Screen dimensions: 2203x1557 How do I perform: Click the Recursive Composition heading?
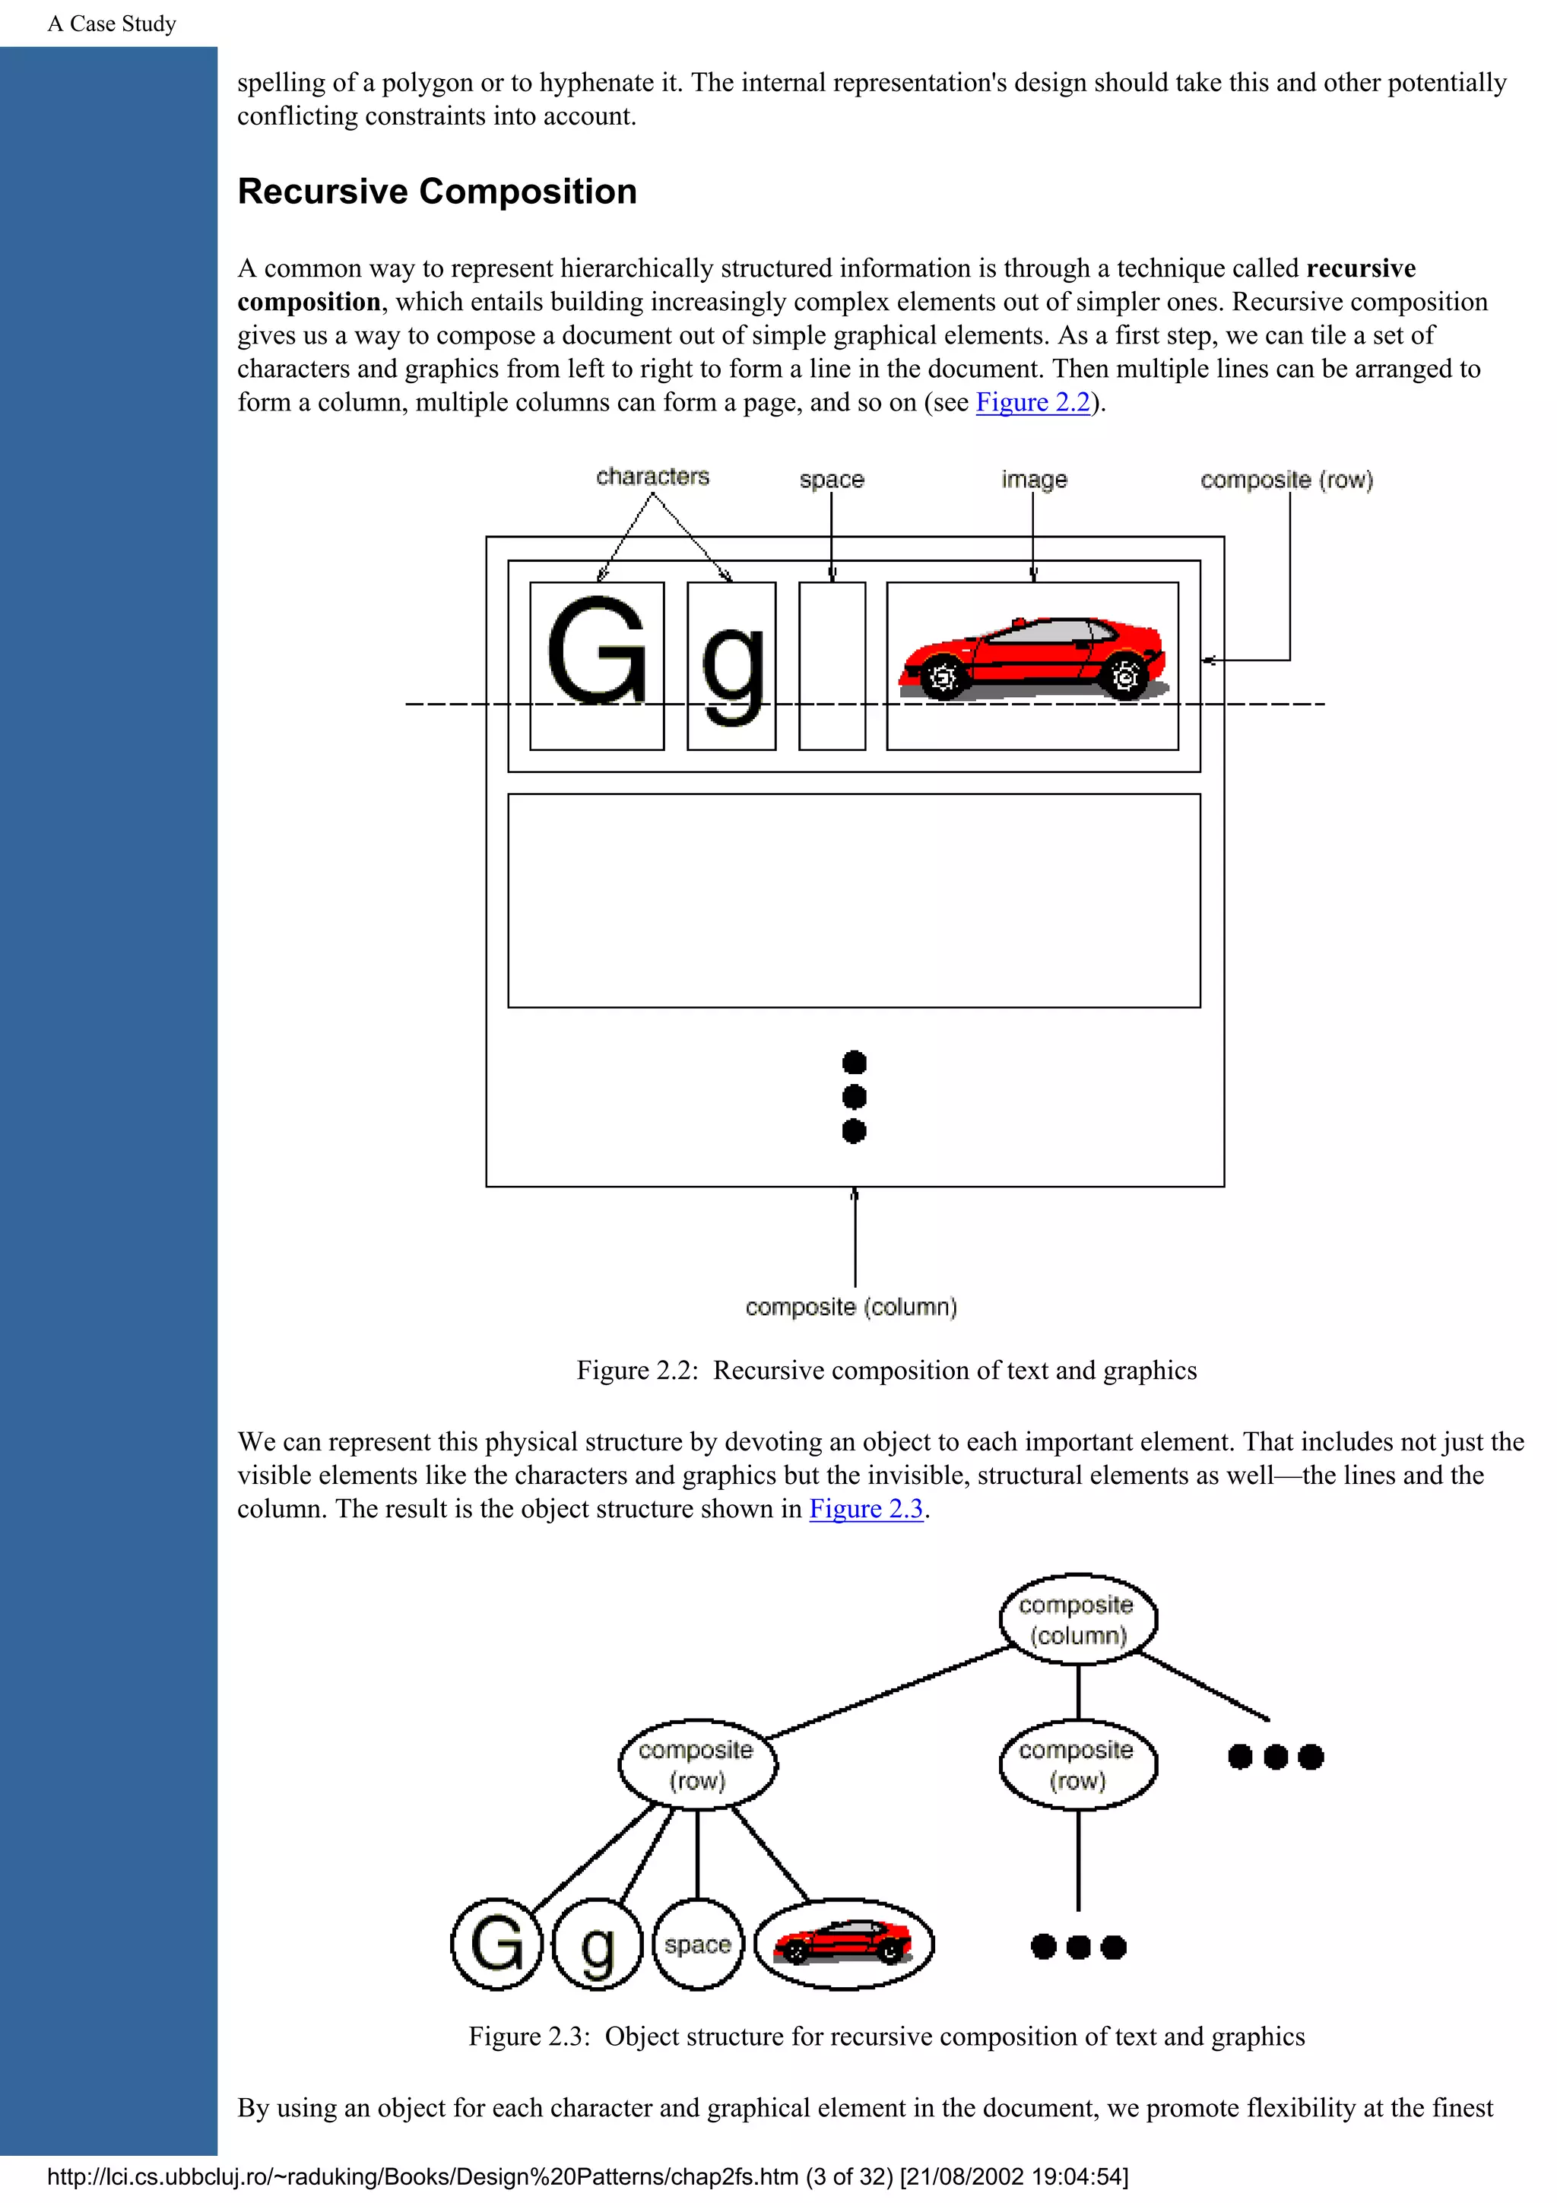[x=436, y=192]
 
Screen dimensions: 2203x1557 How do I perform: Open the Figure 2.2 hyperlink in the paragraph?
[x=1032, y=402]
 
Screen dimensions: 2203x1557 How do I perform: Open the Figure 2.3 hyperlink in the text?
[x=865, y=1508]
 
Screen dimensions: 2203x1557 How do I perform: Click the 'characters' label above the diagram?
[x=652, y=477]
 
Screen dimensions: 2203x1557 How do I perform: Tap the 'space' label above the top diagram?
[x=831, y=479]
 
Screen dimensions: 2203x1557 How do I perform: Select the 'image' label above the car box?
[x=1033, y=479]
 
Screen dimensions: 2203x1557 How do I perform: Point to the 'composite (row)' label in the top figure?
[x=1286, y=480]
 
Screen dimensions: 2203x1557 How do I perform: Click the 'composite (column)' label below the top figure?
[x=851, y=1307]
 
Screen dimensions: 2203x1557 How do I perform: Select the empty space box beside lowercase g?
[x=832, y=666]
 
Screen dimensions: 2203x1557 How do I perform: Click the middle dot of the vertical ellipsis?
[x=854, y=1097]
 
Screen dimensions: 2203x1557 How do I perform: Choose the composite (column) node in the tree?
[x=1077, y=1620]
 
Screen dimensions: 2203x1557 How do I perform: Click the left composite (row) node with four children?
[x=696, y=1765]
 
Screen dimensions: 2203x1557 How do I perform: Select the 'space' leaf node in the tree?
[x=697, y=1945]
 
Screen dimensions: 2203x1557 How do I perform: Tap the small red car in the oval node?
[x=843, y=1943]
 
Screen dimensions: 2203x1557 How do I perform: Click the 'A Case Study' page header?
[x=113, y=24]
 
